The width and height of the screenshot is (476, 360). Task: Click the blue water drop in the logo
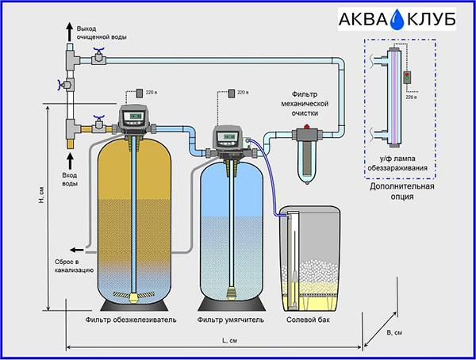click(x=397, y=21)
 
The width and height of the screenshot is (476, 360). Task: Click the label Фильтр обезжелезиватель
click(x=131, y=320)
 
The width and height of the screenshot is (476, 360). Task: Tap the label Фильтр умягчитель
click(x=230, y=320)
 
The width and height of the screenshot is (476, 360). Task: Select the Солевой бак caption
click(x=308, y=320)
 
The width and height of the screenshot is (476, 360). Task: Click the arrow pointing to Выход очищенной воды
click(x=70, y=32)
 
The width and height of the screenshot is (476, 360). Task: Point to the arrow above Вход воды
click(x=71, y=161)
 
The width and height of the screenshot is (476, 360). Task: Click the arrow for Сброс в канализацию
click(x=77, y=250)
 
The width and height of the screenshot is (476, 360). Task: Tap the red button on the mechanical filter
click(x=307, y=127)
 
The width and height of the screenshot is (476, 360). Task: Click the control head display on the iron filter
click(x=136, y=117)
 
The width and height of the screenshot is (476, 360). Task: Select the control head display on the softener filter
click(x=229, y=137)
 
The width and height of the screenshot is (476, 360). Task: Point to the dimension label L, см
click(x=230, y=341)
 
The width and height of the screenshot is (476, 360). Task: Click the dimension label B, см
click(x=394, y=333)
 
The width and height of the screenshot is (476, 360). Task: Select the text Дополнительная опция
click(x=402, y=191)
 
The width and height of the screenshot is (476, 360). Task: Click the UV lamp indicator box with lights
click(x=407, y=77)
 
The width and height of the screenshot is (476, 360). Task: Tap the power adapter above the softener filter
click(x=232, y=94)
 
